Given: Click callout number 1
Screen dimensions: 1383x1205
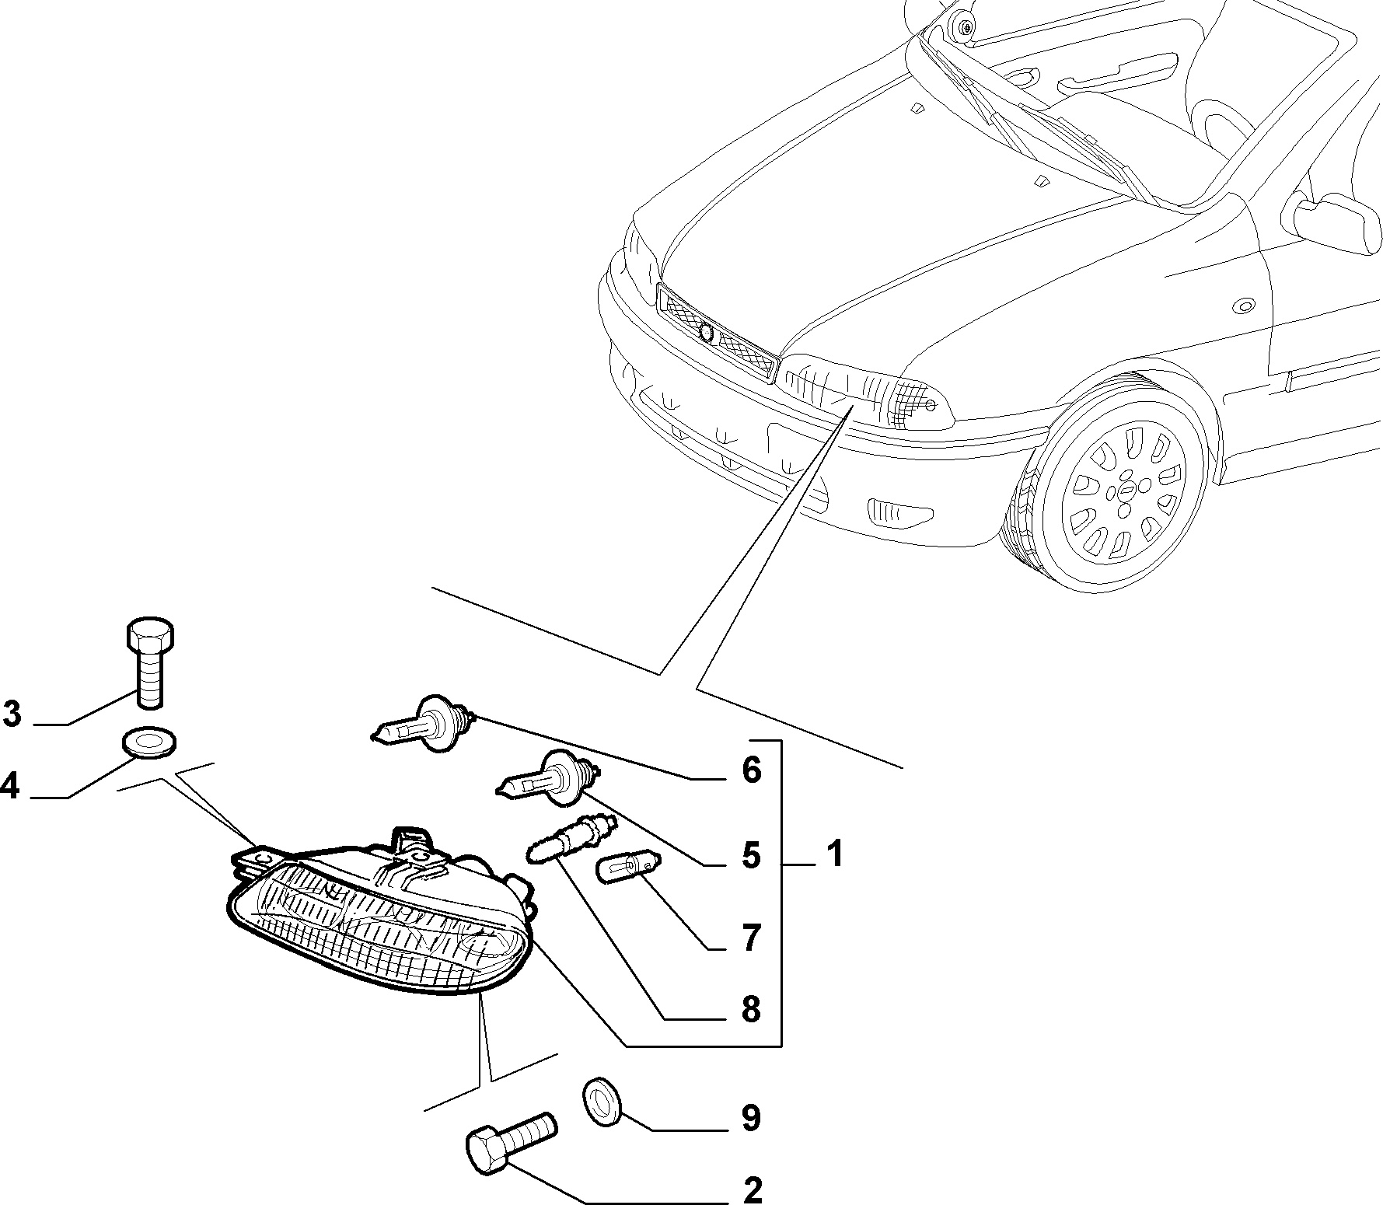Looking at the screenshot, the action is (834, 854).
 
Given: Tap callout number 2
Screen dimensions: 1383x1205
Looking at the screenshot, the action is (753, 1190).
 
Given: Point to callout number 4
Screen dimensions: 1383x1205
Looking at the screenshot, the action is (9, 787).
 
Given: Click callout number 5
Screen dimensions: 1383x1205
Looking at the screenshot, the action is (751, 855).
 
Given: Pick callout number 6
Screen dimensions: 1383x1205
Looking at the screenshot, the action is (751, 770).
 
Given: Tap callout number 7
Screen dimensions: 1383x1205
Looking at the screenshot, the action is (751, 939).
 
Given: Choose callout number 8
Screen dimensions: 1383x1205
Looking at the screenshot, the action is (751, 1011).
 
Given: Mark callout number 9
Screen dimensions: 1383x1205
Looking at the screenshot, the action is (751, 1118).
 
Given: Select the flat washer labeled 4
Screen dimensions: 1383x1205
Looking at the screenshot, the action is (148, 742).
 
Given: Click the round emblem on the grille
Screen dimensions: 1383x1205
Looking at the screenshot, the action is (706, 331).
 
